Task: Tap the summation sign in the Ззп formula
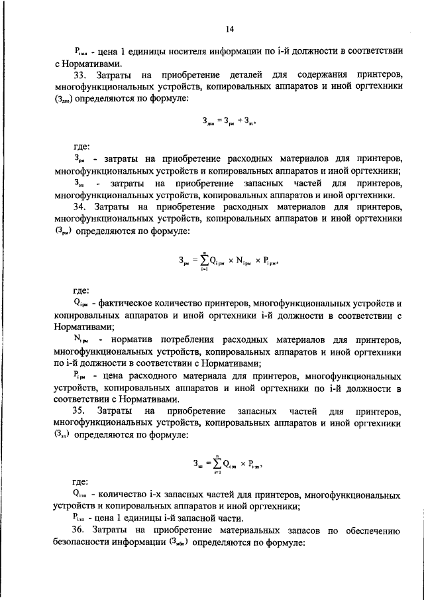(211, 464)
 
